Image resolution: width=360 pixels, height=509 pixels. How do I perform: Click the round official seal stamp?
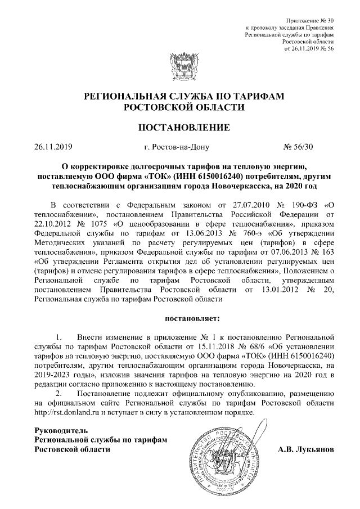click(x=228, y=453)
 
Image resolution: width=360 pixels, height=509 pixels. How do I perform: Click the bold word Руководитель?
click(x=62, y=430)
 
